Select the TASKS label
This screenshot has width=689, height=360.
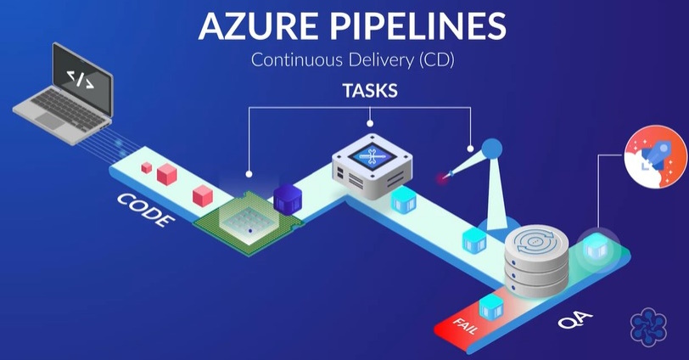pyautogui.click(x=369, y=91)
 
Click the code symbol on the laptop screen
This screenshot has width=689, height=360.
pyautogui.click(x=81, y=77)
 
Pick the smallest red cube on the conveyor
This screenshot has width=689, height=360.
pyautogui.click(x=147, y=167)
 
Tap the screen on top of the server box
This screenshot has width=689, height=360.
pyautogui.click(x=374, y=154)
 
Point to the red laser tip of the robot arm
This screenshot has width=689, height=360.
pyautogui.click(x=441, y=179)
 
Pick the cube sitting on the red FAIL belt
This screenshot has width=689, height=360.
pyautogui.click(x=489, y=307)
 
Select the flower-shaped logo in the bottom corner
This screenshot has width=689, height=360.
pyautogui.click(x=650, y=329)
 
